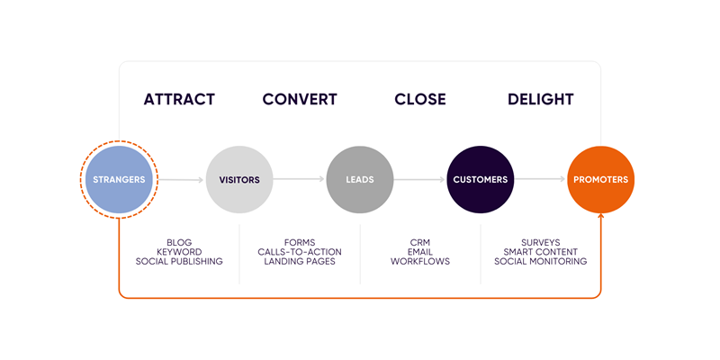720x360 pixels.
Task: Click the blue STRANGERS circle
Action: [119, 179]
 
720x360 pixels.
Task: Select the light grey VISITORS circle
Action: [239, 179]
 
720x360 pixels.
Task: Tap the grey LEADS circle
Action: [360, 179]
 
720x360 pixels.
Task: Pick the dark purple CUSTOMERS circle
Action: [480, 179]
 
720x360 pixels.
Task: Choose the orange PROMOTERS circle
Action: [600, 179]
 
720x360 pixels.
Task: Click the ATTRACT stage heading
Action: [179, 99]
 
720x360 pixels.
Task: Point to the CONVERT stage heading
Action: [300, 99]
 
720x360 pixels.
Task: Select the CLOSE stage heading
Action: [420, 99]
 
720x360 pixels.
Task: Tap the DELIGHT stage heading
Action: [540, 99]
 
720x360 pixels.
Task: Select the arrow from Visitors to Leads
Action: [300, 179]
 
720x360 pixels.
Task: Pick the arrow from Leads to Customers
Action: [420, 179]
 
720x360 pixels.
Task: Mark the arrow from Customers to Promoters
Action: [540, 179]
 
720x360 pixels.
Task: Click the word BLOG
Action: [179, 242]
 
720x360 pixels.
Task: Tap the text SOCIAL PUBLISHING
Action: [179, 261]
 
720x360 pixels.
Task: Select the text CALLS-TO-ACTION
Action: [300, 251]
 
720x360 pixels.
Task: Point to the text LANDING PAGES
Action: [300, 261]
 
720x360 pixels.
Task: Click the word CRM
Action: [420, 242]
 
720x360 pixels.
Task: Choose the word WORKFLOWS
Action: [420, 261]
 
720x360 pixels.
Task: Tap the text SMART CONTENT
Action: [540, 251]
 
